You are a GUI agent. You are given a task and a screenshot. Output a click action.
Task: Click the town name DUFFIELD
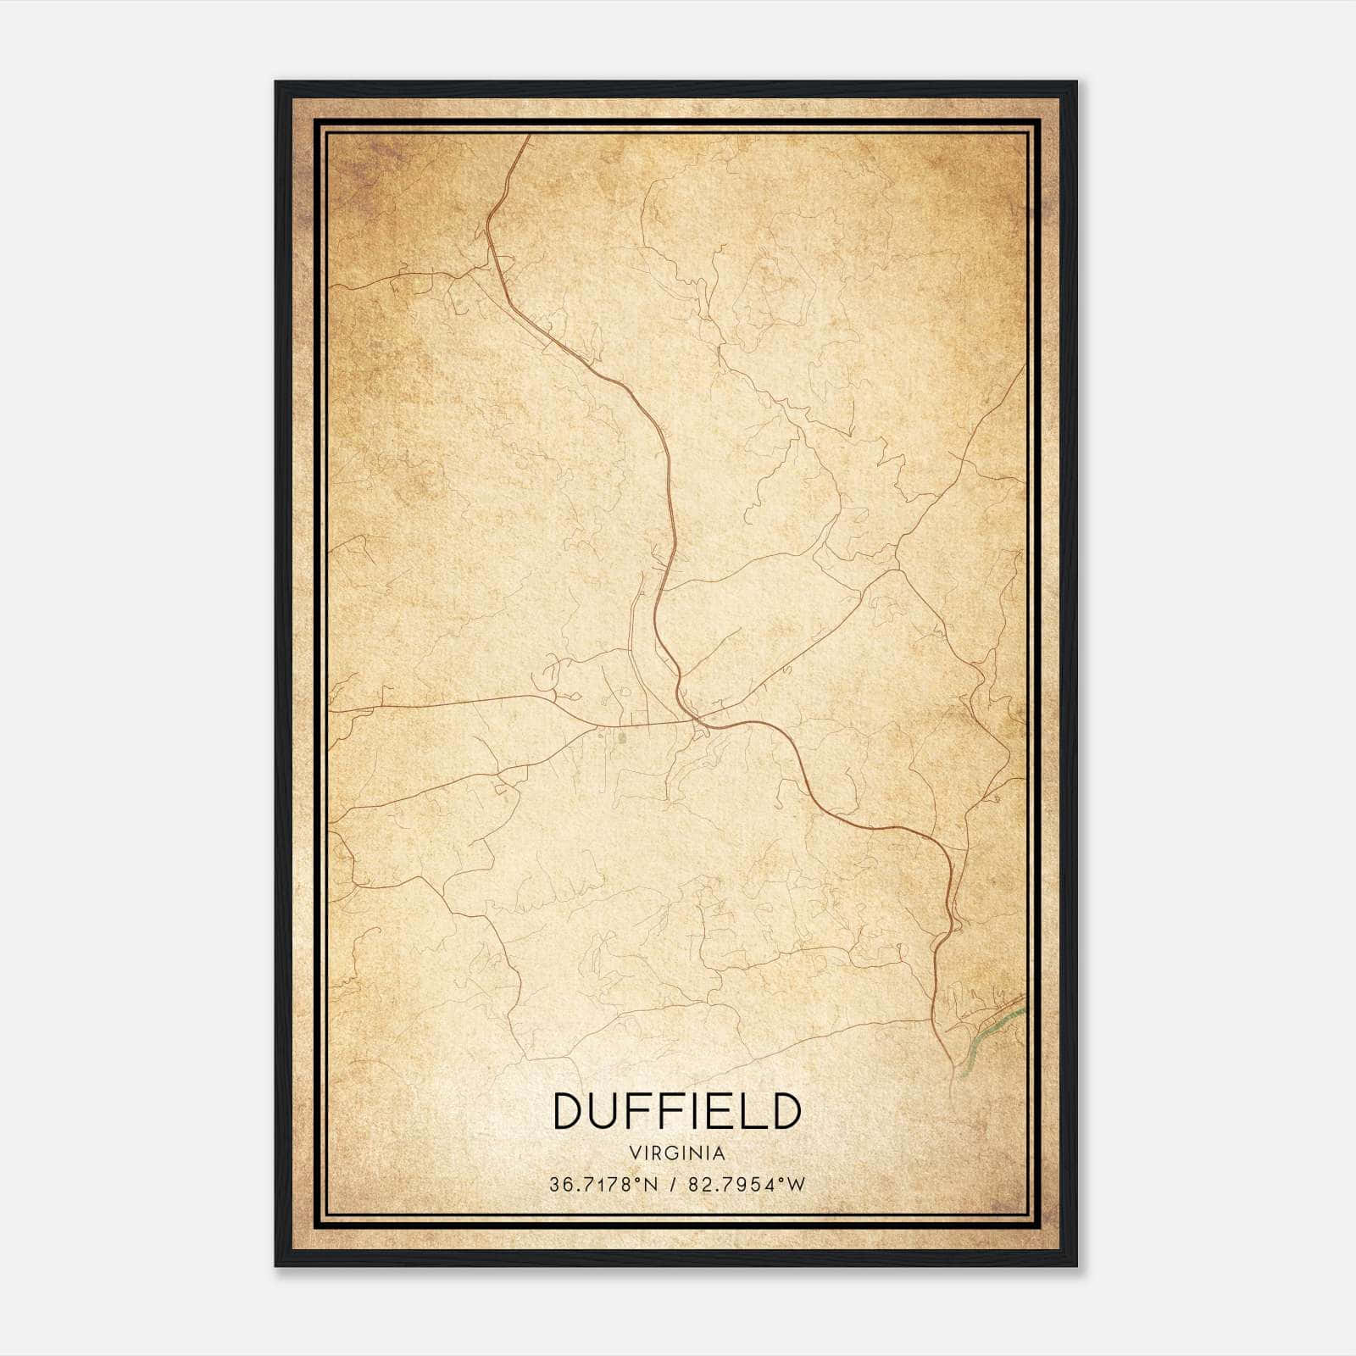pyautogui.click(x=677, y=1110)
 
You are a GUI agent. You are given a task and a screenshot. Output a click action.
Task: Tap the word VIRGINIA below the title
pyautogui.click(x=677, y=1153)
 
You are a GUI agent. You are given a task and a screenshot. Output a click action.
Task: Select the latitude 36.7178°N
pyautogui.click(x=603, y=1185)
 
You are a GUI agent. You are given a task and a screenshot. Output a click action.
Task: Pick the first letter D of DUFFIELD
pyautogui.click(x=569, y=1110)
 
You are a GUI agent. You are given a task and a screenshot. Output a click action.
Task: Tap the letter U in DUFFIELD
pyautogui.click(x=607, y=1110)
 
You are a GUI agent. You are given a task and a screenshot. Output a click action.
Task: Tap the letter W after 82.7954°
pyautogui.click(x=796, y=1185)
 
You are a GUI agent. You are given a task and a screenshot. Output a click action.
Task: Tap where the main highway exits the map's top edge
pyautogui.click(x=529, y=136)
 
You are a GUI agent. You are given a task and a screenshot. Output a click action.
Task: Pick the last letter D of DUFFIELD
pyautogui.click(x=785, y=1110)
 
